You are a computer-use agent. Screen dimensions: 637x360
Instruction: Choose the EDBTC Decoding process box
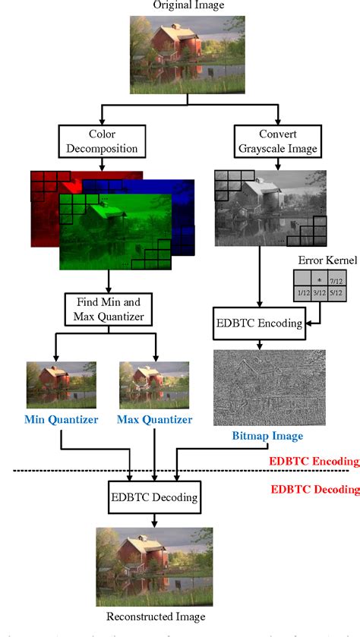pos(154,498)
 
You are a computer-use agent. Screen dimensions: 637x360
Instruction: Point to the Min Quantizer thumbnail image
pos(62,384)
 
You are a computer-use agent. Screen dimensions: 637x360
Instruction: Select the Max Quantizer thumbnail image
pos(155,384)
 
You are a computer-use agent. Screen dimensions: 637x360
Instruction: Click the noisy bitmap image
pos(270,388)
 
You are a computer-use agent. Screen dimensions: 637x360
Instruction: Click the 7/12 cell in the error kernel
pos(336,279)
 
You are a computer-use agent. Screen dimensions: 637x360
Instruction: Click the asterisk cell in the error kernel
pos(318,279)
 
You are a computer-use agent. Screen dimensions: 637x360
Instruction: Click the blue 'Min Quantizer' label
pos(61,420)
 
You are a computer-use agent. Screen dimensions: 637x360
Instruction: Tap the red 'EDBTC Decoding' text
pos(314,489)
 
